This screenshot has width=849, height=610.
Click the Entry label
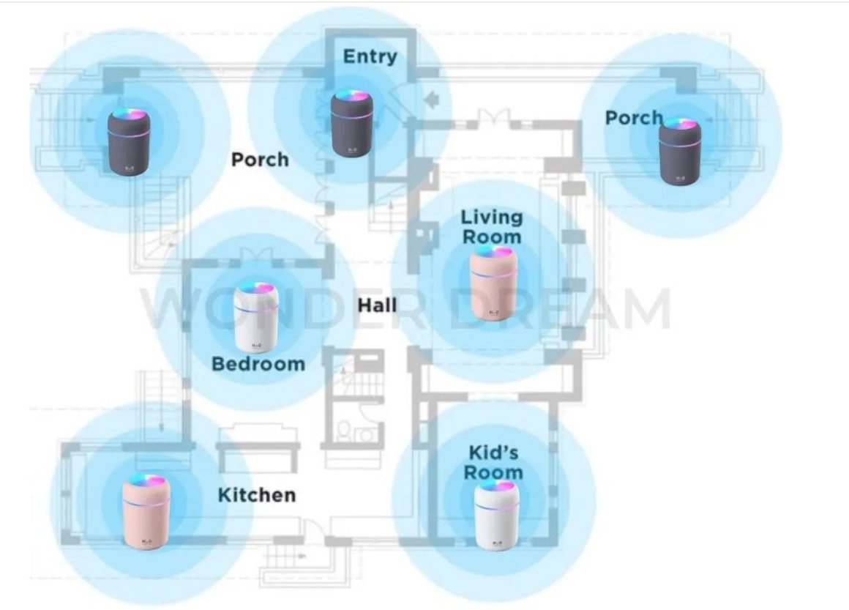[370, 56]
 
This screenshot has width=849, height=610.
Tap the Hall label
[377, 304]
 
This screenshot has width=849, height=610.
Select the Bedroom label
[258, 363]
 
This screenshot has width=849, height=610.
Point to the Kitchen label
[257, 495]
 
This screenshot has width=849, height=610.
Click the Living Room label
[492, 227]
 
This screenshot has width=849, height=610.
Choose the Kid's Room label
[493, 462]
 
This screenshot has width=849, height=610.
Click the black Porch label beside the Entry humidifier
[260, 159]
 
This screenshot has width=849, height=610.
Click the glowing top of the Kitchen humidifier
[145, 483]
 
